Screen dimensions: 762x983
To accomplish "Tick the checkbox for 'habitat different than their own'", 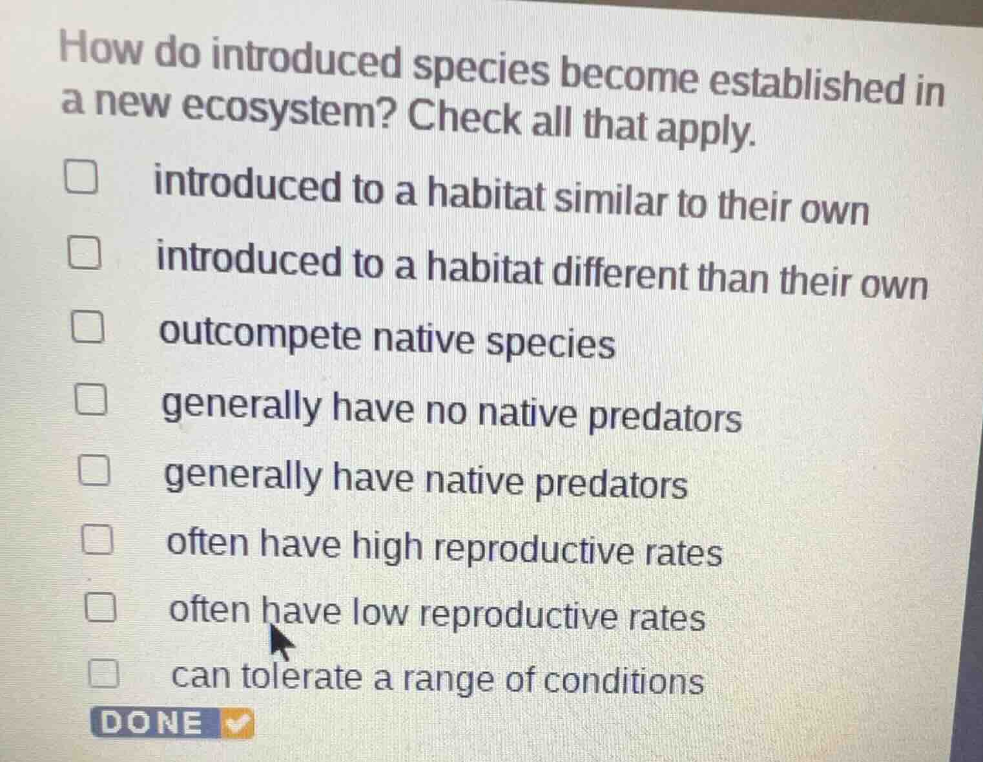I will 85,255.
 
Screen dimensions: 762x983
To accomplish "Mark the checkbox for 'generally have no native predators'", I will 90,400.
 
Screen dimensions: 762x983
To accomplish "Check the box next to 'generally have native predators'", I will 94,470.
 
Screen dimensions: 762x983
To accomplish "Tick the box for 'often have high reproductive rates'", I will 98,540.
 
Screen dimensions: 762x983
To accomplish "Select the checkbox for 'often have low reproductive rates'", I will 101,608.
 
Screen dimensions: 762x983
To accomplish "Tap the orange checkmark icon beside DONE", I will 237,724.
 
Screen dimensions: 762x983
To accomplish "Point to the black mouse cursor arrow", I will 278,641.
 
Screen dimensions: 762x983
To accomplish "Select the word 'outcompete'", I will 262,336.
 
